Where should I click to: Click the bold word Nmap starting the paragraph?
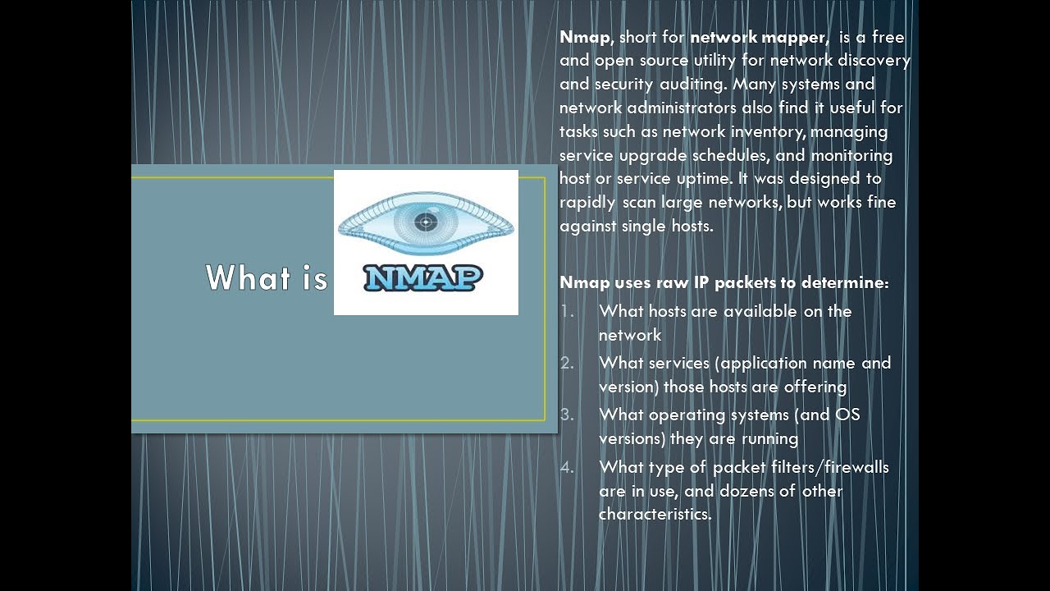click(585, 37)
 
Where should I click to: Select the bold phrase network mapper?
click(757, 37)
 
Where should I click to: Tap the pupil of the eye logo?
click(425, 221)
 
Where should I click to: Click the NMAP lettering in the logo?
click(423, 277)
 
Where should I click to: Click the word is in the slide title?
click(314, 278)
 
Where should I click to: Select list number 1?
click(568, 311)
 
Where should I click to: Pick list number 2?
click(568, 363)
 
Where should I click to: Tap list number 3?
click(568, 415)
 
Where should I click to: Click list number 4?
click(568, 467)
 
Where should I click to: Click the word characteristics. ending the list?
click(655, 515)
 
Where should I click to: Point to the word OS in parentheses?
click(847, 415)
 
